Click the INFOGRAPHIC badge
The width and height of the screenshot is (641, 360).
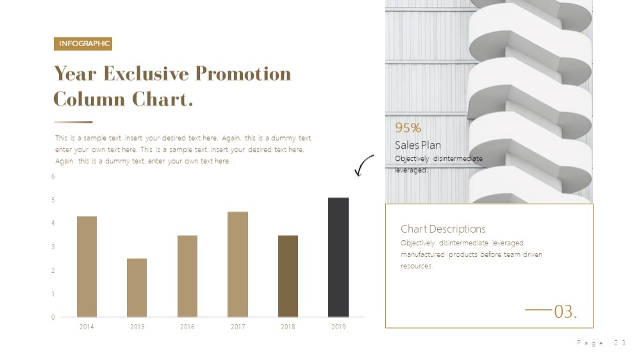(x=83, y=44)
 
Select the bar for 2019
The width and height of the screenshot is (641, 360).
(x=338, y=258)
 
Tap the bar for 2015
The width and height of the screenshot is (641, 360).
(x=137, y=288)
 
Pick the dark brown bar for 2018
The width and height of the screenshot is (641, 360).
(x=288, y=276)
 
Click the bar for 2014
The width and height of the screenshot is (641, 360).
(x=87, y=267)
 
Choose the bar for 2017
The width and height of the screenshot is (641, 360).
(x=238, y=265)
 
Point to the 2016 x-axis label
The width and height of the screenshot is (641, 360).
(x=187, y=327)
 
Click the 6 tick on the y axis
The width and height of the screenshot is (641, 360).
(x=53, y=177)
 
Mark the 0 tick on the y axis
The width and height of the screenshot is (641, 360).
(x=53, y=317)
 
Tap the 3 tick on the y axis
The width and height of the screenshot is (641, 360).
(x=53, y=247)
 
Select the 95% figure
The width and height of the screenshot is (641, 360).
(x=408, y=128)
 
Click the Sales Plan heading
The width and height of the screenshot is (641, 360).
(x=418, y=145)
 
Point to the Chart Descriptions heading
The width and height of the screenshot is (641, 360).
(x=443, y=229)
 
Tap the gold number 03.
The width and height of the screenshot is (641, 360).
(x=565, y=312)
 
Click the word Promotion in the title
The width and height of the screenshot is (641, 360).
(x=243, y=74)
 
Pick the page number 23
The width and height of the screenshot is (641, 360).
(x=620, y=343)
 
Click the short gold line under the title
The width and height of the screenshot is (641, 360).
(x=73, y=122)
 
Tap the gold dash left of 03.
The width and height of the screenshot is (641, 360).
(x=538, y=310)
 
